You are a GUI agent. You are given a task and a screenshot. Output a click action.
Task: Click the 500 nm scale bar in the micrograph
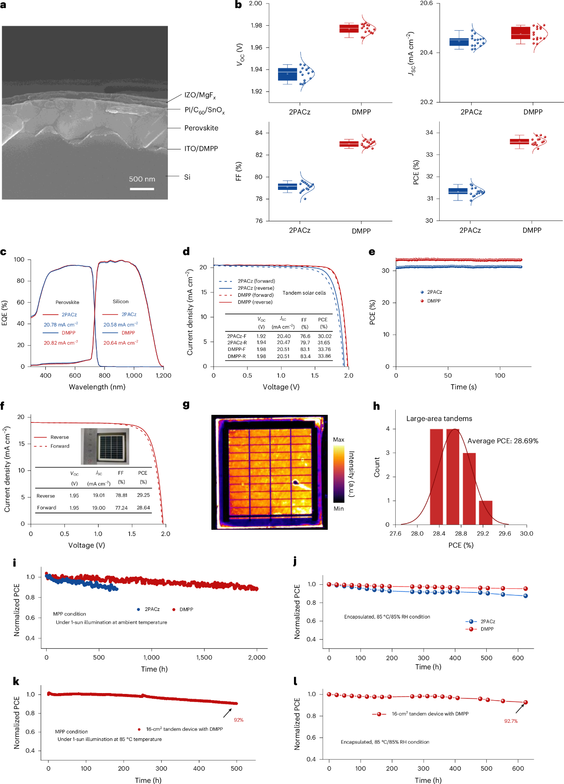click(x=142, y=189)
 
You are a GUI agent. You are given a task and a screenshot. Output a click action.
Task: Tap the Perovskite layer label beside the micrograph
click(x=201, y=128)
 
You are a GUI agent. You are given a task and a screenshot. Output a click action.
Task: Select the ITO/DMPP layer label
click(x=201, y=149)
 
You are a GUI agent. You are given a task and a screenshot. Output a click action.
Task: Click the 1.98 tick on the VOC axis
click(x=257, y=25)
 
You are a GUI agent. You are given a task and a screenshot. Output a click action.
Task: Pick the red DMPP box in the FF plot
click(x=349, y=144)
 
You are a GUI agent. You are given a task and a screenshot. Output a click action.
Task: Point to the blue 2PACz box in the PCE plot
click(x=458, y=191)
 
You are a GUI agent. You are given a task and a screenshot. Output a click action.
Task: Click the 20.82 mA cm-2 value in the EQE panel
click(x=61, y=343)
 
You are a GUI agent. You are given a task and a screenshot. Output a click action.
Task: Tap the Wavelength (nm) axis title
click(x=97, y=387)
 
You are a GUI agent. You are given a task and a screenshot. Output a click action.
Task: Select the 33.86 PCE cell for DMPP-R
click(x=324, y=356)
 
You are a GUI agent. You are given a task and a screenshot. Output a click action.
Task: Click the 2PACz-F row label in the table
click(x=237, y=336)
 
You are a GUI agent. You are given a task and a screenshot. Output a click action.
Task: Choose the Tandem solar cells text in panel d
click(x=304, y=293)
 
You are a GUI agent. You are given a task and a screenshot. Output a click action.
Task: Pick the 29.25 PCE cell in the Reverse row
click(x=143, y=495)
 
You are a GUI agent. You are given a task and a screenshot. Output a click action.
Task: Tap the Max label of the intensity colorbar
click(x=338, y=440)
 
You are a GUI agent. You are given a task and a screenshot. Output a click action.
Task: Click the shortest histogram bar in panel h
click(x=485, y=512)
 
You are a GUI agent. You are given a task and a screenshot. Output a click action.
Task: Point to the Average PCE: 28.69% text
click(x=503, y=441)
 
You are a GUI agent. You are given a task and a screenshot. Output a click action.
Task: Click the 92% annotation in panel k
click(x=238, y=720)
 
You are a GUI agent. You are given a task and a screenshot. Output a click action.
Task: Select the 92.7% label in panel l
click(x=511, y=721)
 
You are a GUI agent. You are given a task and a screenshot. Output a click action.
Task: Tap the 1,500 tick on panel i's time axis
click(x=204, y=658)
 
